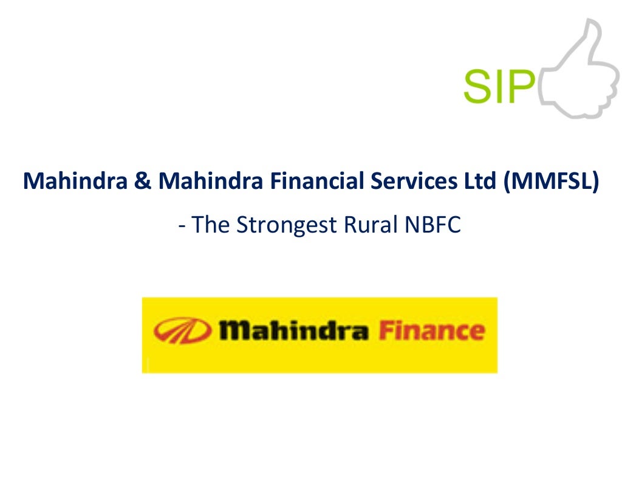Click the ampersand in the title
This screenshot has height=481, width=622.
point(142,181)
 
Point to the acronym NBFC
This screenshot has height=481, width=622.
point(432,225)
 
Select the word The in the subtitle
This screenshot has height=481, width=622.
point(212,225)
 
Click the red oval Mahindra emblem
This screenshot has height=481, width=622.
point(182,331)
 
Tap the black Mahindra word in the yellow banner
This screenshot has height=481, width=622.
point(294,331)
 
